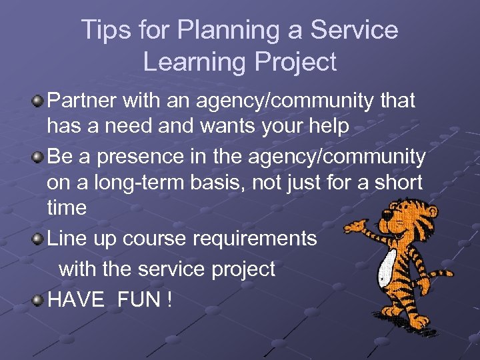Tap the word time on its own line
coord(67,207)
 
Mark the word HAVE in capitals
coord(76,299)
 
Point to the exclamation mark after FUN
coord(170,299)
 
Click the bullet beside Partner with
coord(38,101)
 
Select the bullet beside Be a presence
coord(38,157)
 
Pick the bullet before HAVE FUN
coord(38,299)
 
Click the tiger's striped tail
coord(439,273)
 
